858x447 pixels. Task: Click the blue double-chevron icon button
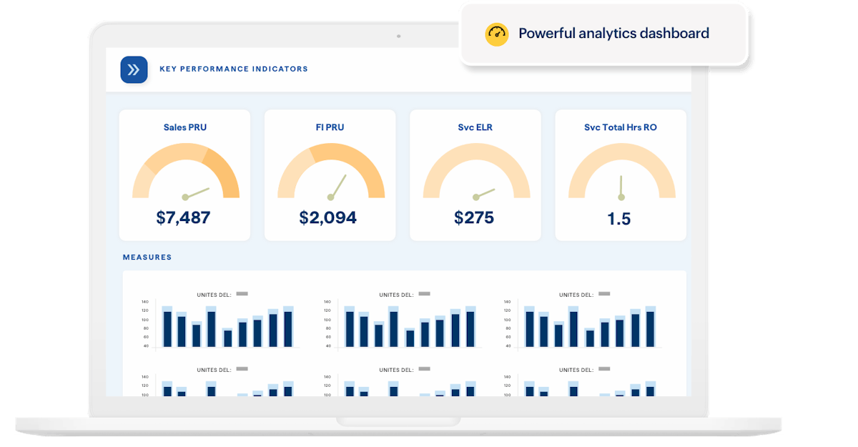(134, 69)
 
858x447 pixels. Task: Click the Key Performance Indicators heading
(234, 69)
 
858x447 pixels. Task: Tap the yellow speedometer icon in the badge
(496, 34)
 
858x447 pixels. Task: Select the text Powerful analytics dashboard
(613, 34)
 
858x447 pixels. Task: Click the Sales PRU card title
(184, 127)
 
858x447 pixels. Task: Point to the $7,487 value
(183, 217)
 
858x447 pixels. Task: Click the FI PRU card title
(330, 127)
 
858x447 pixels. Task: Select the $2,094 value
(328, 217)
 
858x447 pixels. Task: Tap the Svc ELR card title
(475, 127)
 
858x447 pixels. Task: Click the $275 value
(474, 217)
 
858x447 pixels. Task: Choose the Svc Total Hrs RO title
(620, 127)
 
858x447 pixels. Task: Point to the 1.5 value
(619, 219)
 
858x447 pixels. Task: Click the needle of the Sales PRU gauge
(197, 192)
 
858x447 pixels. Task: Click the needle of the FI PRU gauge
(337, 186)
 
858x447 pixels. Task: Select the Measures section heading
(147, 257)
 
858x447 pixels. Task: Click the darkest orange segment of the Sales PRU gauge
(226, 172)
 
